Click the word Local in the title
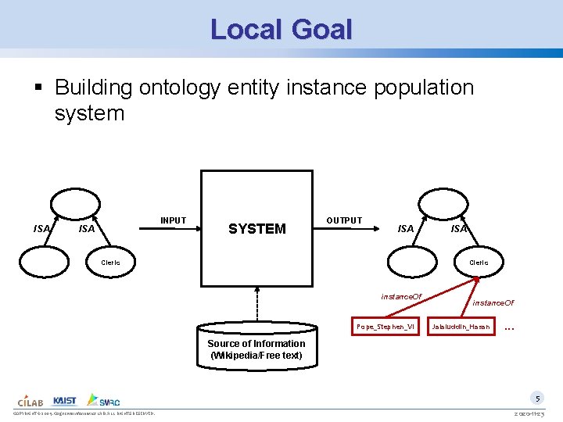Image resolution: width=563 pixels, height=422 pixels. [246, 30]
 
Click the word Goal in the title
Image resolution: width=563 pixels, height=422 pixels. [321, 30]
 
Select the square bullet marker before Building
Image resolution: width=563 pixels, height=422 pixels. [45, 88]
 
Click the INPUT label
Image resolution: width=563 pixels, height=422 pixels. [173, 220]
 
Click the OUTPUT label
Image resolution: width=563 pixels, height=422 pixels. [344, 220]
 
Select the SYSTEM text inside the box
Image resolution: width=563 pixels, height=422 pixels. [256, 229]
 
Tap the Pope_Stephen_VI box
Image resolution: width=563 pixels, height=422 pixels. [385, 326]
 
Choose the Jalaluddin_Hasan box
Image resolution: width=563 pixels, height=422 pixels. [461, 326]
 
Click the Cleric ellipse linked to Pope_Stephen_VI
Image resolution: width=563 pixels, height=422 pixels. [478, 263]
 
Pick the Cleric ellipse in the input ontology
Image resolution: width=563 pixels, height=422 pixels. [111, 263]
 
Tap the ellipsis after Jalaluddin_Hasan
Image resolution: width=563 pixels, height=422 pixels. [510, 326]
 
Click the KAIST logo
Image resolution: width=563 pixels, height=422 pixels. [65, 400]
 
